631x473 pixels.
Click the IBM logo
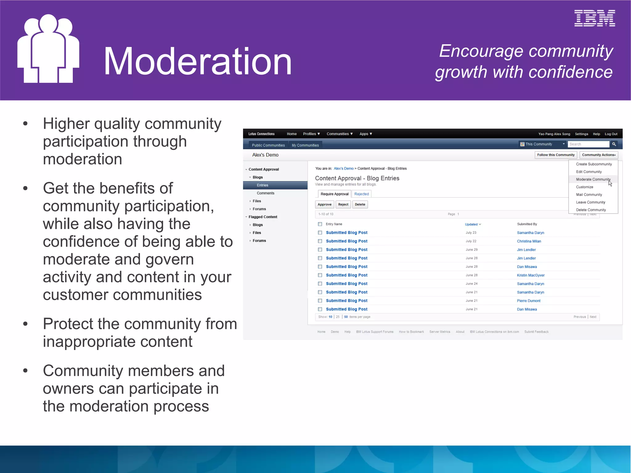coord(594,18)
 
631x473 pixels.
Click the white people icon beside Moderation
coord(48,49)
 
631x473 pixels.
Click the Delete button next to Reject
coord(360,205)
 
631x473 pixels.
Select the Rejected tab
coord(361,194)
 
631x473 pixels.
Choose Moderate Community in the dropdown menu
coord(593,179)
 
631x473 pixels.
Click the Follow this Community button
coord(556,155)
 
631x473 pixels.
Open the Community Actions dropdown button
coord(598,155)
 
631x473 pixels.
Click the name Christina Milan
coord(529,241)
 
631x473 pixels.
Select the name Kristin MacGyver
coord(531,275)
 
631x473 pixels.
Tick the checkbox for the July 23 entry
coord(320,233)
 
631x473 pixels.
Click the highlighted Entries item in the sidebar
coord(263,185)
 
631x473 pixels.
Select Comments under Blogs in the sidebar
coord(265,193)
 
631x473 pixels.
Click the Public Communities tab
coord(268,145)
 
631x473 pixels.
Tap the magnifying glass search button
coord(614,144)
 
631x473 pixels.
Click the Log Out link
coord(611,134)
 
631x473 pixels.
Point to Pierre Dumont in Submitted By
coord(528,301)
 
